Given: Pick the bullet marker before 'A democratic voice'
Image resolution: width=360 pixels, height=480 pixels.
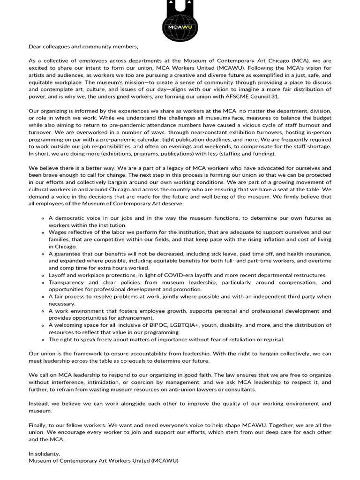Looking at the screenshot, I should [43, 218].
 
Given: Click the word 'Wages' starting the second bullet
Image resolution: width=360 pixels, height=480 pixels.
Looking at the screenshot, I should [58, 232].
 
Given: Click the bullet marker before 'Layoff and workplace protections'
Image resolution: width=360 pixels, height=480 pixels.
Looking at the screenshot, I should [43, 275].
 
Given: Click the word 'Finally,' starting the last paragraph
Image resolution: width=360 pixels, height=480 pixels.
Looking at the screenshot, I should [39, 425].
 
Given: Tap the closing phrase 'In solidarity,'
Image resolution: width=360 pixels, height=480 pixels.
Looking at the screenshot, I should [45, 454].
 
